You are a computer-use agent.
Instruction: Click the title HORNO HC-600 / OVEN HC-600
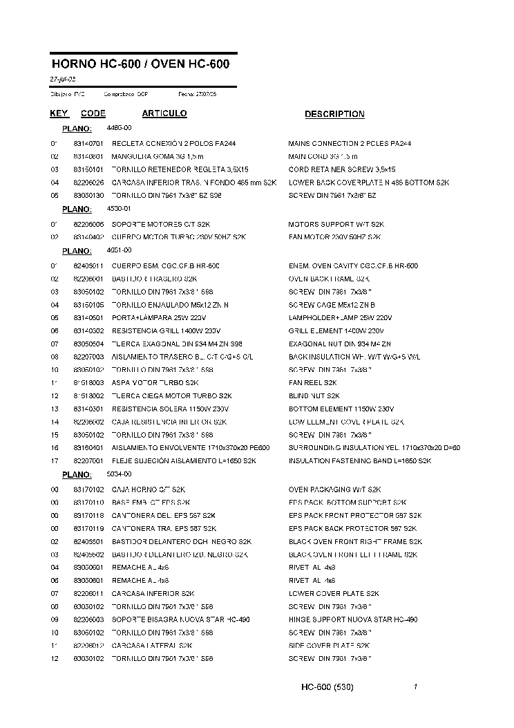140,64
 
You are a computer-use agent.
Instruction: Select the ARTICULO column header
164,113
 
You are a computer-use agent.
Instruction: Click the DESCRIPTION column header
334,114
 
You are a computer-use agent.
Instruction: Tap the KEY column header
59,113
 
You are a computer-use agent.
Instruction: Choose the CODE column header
93,113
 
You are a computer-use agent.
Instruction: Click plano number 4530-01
119,208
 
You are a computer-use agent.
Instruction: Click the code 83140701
88,144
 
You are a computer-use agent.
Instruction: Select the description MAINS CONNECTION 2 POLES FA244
350,144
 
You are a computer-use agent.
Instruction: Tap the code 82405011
88,266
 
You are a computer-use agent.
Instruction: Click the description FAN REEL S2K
312,383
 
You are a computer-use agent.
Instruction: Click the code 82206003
88,620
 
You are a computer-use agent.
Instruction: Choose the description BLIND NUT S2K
314,396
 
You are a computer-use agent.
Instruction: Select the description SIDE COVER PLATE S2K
329,646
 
